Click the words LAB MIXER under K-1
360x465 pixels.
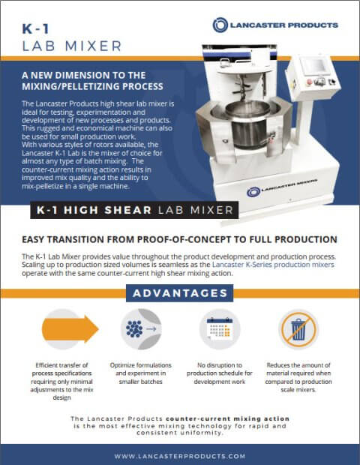(x=71, y=46)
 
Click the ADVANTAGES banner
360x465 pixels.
(x=179, y=293)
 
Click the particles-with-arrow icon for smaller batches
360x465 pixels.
(x=141, y=328)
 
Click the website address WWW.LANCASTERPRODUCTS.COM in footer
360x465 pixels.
(x=180, y=455)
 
